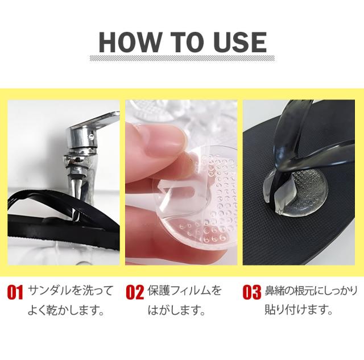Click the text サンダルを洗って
click(71, 291)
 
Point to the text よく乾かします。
click(66, 311)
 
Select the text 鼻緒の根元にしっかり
click(311, 291)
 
